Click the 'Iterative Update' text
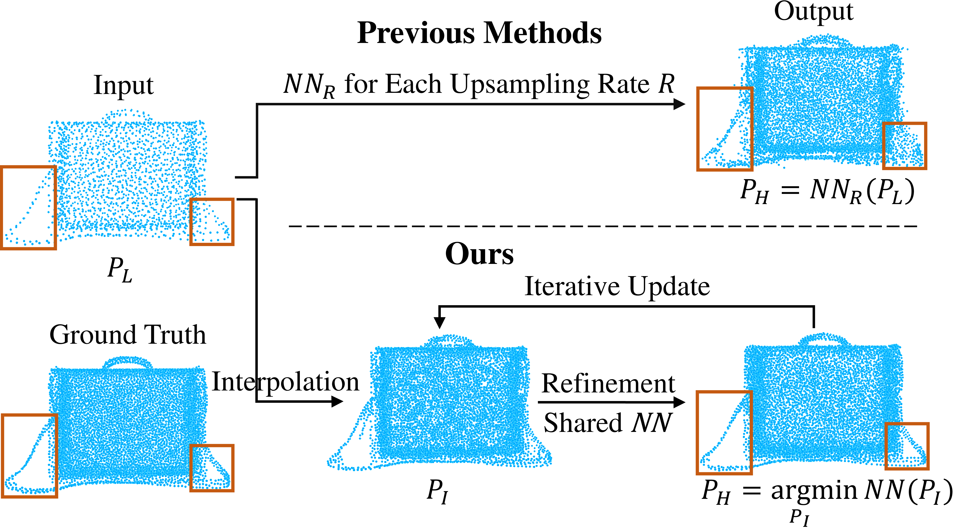pos(617,287)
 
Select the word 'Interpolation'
pos(285,382)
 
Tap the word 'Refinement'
pos(608,384)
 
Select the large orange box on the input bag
pos(29,208)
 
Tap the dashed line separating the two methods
pos(603,226)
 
